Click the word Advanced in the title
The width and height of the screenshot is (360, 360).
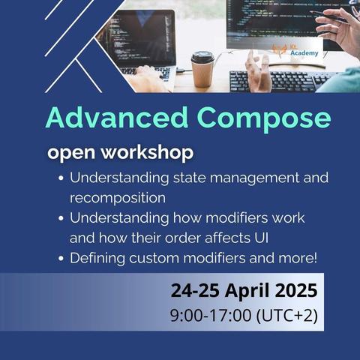tap(116, 117)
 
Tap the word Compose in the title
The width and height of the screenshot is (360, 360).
tap(264, 119)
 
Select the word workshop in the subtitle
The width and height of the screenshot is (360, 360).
tap(148, 152)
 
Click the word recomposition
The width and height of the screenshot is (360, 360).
tap(118, 198)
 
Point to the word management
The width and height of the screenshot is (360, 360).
tap(254, 178)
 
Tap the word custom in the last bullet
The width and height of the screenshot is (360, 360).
tap(154, 258)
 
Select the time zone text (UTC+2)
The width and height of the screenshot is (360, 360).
tap(287, 315)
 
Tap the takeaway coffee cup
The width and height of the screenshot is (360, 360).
tap(202, 69)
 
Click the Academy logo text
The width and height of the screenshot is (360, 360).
tap(304, 53)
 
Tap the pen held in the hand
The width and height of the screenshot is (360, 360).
tap(328, 16)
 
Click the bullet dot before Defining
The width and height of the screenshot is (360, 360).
tap(61, 258)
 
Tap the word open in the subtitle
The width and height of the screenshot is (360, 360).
tap(71, 153)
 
